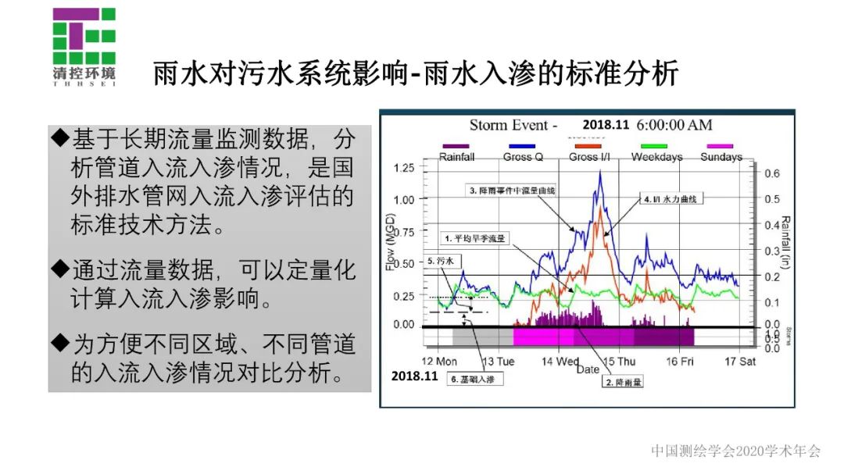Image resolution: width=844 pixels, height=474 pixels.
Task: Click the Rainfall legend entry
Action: [x=456, y=152]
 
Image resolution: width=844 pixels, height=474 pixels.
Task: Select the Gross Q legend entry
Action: [x=523, y=152]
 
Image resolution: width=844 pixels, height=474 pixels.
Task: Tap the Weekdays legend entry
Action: [x=656, y=152]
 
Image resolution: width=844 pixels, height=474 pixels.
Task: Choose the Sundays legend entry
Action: [x=721, y=152]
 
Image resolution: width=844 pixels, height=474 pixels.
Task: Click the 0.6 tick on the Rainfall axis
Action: [x=771, y=173]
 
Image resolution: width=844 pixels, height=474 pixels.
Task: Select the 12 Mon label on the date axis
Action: [x=439, y=362]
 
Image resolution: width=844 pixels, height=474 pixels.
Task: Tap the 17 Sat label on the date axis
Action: [x=738, y=362]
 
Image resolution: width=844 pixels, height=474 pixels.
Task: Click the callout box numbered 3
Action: [x=511, y=190]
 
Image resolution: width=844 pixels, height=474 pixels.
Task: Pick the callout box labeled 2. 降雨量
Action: [x=623, y=382]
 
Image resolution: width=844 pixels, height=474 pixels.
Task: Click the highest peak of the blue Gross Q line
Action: [x=600, y=171]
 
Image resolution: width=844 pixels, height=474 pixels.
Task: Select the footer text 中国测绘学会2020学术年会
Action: [x=735, y=451]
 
